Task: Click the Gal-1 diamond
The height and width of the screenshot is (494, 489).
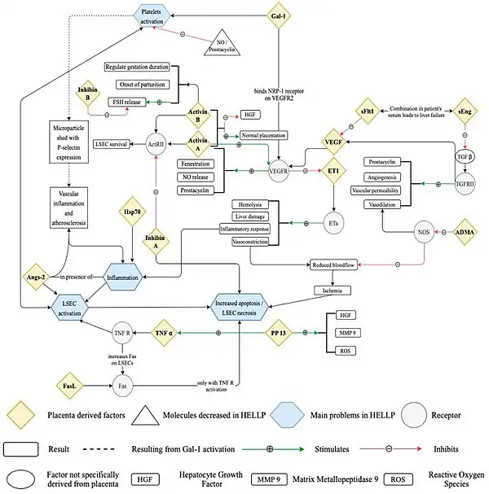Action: tap(279, 15)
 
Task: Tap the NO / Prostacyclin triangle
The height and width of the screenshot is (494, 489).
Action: tap(223, 46)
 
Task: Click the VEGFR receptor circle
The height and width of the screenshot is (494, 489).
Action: tap(280, 170)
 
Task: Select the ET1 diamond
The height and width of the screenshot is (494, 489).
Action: tap(334, 170)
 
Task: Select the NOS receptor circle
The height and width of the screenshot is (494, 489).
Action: tap(423, 232)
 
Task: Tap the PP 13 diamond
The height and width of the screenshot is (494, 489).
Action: tap(277, 333)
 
